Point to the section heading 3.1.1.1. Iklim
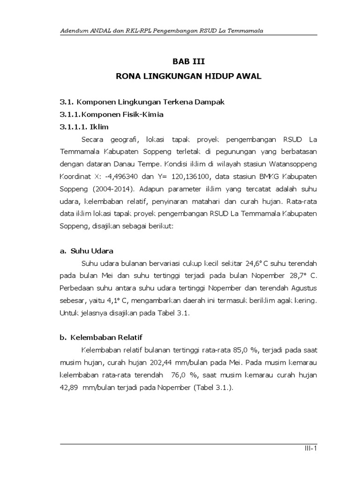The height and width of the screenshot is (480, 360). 81,127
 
